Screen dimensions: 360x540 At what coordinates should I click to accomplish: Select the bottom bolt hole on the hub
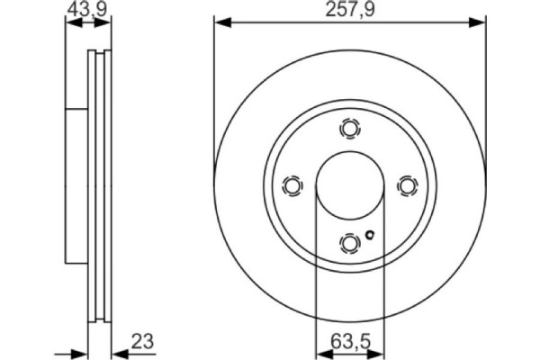[x=349, y=243]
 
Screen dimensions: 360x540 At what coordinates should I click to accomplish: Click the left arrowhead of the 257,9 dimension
[x=219, y=22]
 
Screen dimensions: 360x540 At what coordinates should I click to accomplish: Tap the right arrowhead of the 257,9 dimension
[x=480, y=22]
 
